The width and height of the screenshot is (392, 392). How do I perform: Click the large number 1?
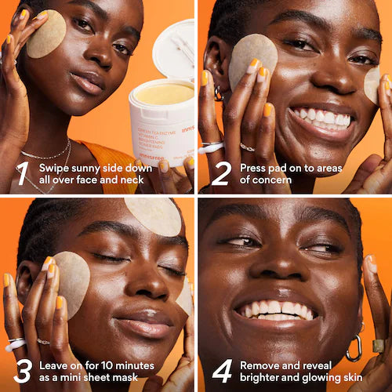pos(22,173)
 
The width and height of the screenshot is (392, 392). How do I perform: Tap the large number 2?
pos(220,173)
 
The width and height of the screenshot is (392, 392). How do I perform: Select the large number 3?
pos(23,370)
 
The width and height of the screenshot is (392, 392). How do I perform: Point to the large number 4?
pos(221,370)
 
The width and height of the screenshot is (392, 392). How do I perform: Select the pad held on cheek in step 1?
pos(46,34)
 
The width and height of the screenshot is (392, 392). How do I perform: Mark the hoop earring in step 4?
pos(354,348)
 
